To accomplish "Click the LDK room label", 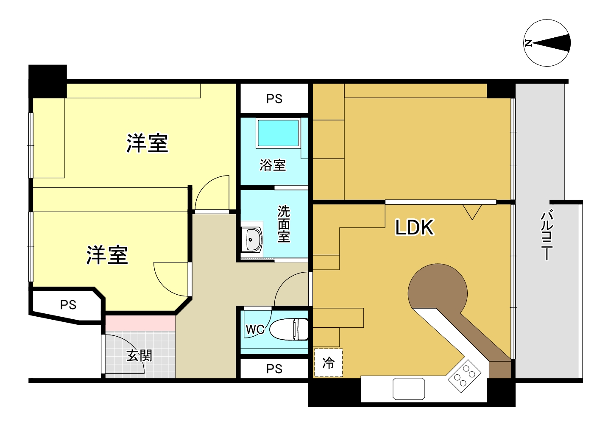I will [414, 228].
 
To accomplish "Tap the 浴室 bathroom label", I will [273, 165].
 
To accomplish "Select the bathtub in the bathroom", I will [278, 133].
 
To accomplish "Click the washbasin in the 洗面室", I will [252, 240].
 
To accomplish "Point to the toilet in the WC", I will [290, 329].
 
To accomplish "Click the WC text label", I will [255, 329].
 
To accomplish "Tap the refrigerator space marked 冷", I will [328, 363].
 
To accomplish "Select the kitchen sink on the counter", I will [409, 388].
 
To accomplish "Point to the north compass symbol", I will [547, 43].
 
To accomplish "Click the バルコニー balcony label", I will [547, 235].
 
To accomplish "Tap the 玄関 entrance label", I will [139, 355].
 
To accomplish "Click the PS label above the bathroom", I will [274, 99].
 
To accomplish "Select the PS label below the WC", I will [274, 369].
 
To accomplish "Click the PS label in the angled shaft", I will [68, 304].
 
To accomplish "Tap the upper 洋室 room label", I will [147, 143].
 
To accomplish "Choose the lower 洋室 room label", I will [107, 255].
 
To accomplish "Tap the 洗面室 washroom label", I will [284, 224].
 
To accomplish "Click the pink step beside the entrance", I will [140, 323].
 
